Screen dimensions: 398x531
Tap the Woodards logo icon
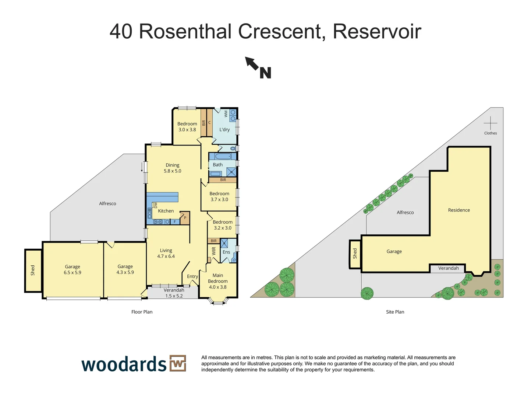click(x=178, y=364)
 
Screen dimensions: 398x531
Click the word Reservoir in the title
click(x=377, y=31)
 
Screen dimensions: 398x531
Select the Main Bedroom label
click(x=218, y=281)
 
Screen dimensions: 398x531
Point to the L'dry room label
click(x=224, y=130)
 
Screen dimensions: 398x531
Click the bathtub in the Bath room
click(x=223, y=156)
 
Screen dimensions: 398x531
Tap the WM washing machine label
click(x=226, y=114)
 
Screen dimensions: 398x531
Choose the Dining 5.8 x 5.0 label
click(x=173, y=168)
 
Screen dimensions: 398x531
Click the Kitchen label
click(x=166, y=211)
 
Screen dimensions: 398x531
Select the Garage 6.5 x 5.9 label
click(x=72, y=269)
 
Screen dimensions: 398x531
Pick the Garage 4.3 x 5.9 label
click(x=125, y=269)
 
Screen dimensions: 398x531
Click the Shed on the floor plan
click(x=33, y=270)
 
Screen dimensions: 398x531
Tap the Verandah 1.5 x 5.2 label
click(x=174, y=293)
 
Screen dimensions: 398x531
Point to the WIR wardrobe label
click(x=214, y=251)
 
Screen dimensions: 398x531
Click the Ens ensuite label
click(x=226, y=252)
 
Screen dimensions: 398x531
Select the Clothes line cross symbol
click(x=490, y=123)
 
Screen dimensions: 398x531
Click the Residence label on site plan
click(x=459, y=210)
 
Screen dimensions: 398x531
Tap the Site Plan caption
click(x=395, y=312)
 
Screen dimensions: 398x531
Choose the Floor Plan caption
click(x=142, y=312)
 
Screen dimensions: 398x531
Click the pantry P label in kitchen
click(x=185, y=218)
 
